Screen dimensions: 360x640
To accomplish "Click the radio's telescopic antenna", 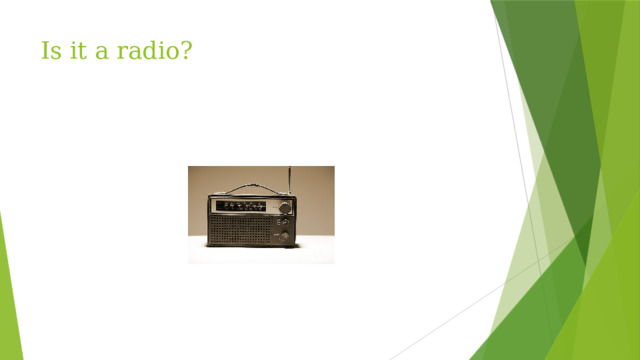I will point(290,181).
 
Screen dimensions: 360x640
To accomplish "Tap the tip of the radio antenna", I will point(290,168).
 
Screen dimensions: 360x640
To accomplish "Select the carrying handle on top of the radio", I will point(250,187).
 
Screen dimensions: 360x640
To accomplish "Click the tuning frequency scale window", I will point(247,207).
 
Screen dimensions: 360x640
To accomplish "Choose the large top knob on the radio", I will point(285,208).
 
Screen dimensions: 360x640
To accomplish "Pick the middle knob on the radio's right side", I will point(284,222).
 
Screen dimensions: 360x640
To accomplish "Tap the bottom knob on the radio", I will point(285,236).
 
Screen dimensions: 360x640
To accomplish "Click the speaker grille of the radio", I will point(240,230).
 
